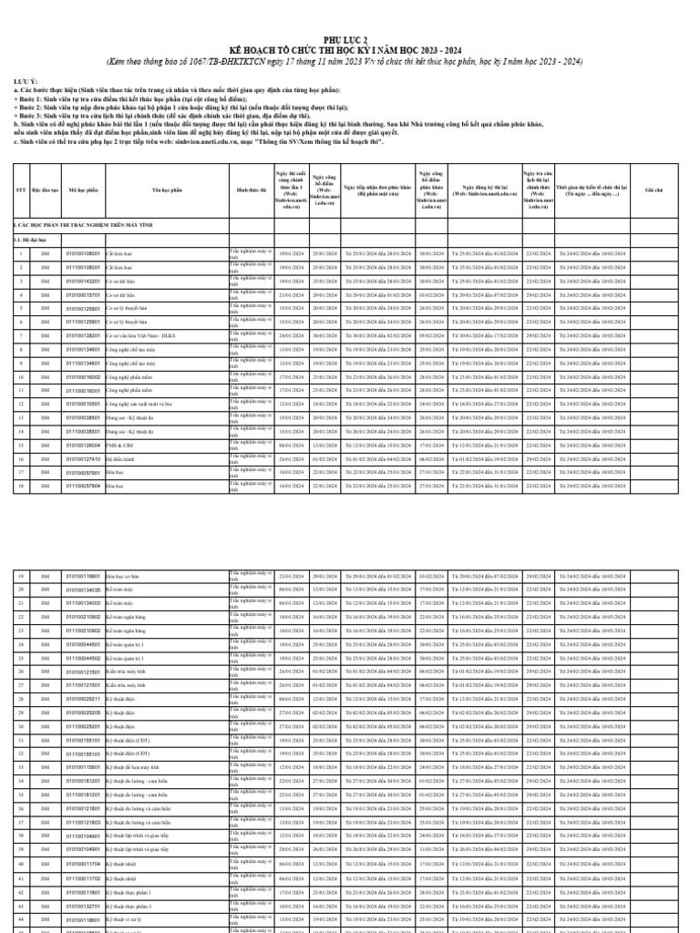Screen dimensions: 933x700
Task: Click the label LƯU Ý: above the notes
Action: (x=26, y=80)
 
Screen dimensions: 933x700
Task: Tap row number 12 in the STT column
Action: (x=20, y=403)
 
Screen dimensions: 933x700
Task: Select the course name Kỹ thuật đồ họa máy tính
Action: (x=134, y=767)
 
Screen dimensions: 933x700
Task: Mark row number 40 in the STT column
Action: (x=20, y=863)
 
